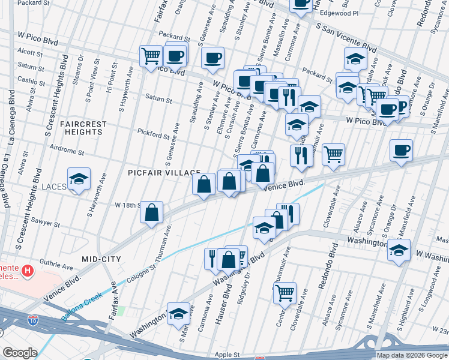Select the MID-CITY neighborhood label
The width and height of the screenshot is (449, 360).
point(101,259)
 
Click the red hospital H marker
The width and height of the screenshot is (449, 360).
point(27,272)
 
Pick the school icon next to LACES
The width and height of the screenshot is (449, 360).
point(79,179)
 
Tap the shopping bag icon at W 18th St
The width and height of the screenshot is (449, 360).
point(152,212)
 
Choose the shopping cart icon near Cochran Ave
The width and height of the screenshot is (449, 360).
point(285,293)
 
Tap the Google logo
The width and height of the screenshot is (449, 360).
point(20,353)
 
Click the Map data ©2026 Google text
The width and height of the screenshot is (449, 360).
point(411,355)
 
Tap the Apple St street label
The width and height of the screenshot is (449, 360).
point(228,355)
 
